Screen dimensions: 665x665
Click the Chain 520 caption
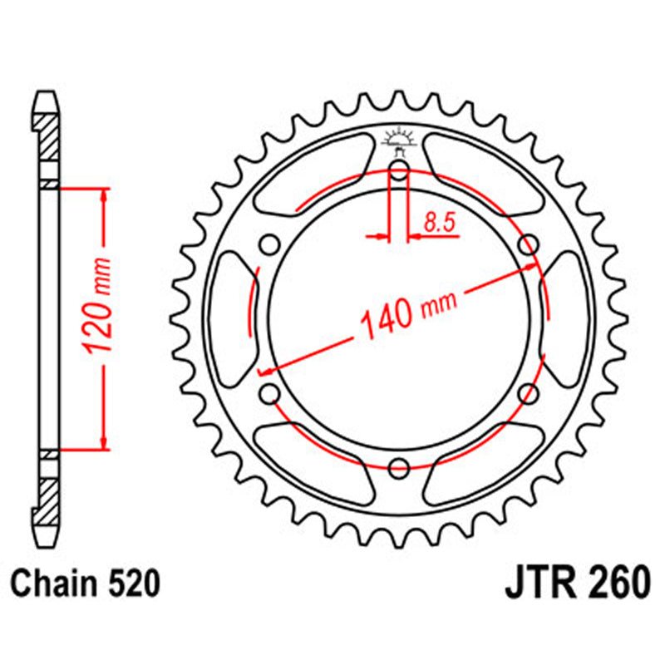(x=85, y=584)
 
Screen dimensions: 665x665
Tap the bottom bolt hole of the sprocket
(x=399, y=466)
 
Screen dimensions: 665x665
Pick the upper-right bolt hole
(x=528, y=244)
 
